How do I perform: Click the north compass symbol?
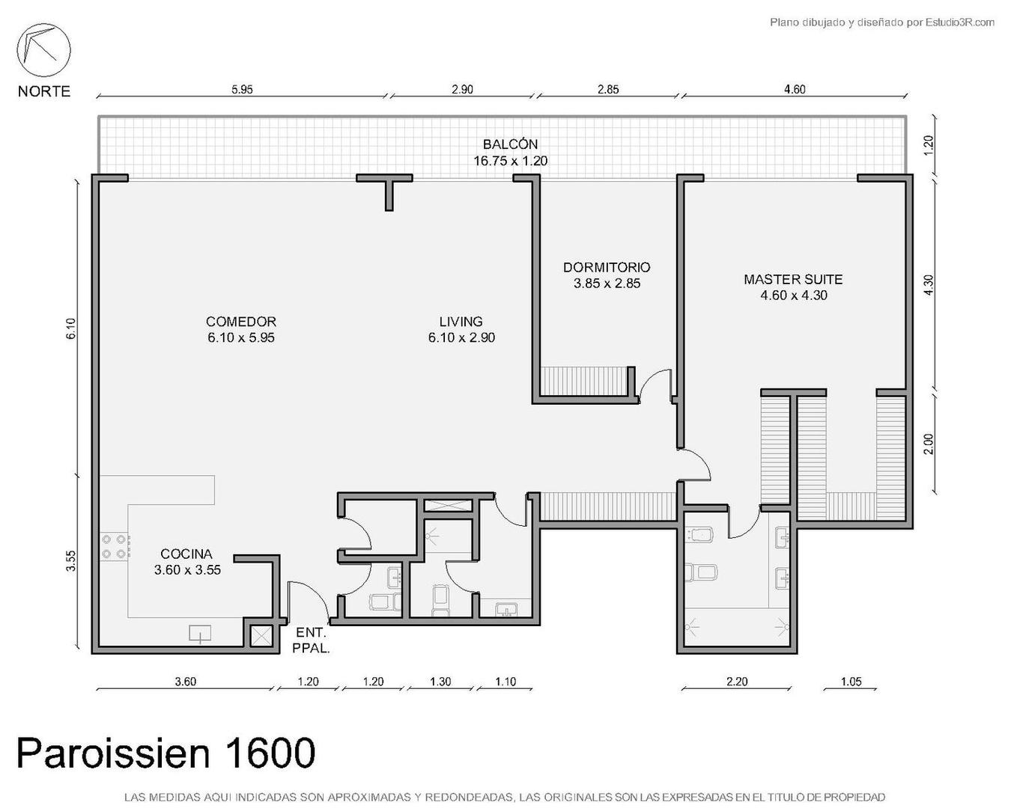(43, 51)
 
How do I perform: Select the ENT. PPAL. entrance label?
(311, 640)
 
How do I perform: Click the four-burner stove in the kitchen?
(114, 546)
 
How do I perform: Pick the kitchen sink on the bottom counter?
(201, 634)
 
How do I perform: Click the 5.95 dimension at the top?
(242, 89)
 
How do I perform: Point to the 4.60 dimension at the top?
(795, 89)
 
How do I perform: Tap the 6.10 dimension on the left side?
(71, 329)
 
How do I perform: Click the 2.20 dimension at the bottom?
(737, 682)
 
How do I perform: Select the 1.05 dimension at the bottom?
(851, 682)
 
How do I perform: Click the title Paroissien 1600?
(166, 753)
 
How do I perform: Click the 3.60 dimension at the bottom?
(185, 682)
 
